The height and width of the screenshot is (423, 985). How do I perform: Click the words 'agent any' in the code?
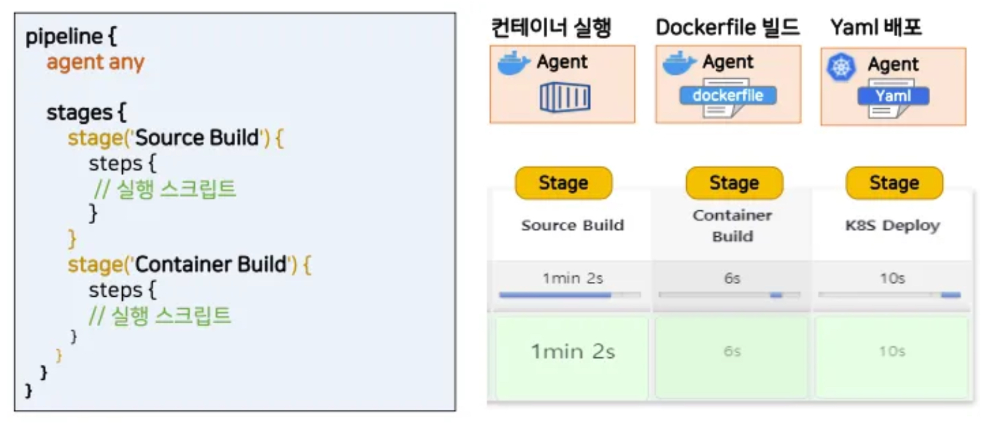coord(95,62)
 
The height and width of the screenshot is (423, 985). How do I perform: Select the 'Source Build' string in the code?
coord(197,138)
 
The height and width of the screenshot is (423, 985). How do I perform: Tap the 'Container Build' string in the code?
coord(210,264)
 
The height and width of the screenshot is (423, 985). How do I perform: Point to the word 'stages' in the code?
coord(79,112)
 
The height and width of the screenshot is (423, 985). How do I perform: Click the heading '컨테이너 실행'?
coord(551,27)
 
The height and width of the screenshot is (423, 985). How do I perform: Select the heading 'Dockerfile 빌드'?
coord(728,27)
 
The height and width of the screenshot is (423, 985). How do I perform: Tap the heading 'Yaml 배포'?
coord(876,27)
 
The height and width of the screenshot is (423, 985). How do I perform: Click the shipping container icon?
coord(565,97)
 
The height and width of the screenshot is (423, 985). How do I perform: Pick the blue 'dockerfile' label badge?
coord(728,96)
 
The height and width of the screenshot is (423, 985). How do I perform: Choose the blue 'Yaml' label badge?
coord(893,96)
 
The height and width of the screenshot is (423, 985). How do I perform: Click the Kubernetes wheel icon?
coord(841,67)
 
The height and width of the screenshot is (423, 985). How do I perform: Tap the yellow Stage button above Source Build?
coord(563,183)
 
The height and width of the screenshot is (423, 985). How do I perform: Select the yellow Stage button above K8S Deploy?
coord(894,183)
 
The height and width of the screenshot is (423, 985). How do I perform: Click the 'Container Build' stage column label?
coord(732,225)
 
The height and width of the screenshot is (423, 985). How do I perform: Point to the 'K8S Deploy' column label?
coord(892,225)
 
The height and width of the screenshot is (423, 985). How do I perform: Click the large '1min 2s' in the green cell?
coord(572,351)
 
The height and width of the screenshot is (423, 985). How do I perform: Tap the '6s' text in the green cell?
coord(732,351)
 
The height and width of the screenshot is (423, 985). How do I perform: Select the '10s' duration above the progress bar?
coord(892,278)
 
